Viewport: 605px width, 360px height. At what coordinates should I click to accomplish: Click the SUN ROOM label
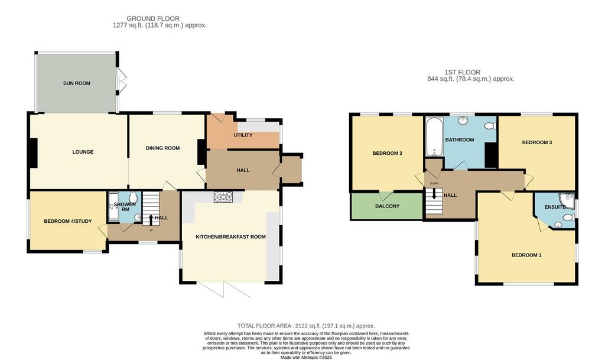77,83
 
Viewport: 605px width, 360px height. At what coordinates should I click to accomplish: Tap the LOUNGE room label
83,152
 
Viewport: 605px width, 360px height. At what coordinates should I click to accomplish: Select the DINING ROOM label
163,148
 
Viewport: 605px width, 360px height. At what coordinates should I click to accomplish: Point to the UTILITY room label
243,135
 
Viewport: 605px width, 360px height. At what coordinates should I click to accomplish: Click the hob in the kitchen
222,197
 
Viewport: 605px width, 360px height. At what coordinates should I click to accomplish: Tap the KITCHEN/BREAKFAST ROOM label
231,236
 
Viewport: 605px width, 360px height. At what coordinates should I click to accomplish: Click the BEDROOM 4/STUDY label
68,221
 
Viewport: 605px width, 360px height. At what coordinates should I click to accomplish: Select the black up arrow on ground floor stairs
151,220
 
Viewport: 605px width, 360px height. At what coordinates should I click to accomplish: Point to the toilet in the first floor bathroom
490,126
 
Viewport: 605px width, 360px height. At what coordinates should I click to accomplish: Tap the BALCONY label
388,206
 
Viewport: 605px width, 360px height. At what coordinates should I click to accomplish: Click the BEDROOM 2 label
388,153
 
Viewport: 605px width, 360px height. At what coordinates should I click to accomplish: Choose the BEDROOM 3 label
537,142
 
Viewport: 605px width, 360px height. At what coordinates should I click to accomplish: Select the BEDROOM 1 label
526,255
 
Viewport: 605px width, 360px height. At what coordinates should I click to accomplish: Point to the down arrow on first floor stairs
434,193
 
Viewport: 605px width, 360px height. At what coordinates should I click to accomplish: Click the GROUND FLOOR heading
153,18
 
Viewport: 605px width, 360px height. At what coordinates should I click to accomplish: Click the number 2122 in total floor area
302,326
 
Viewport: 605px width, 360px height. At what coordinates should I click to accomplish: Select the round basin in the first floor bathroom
463,121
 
